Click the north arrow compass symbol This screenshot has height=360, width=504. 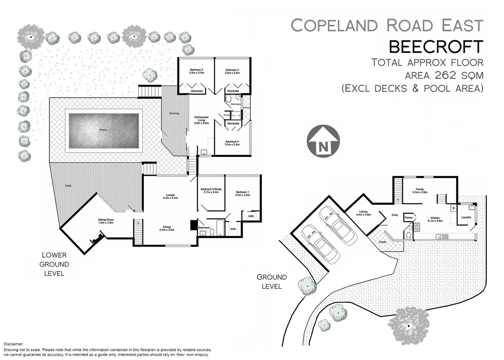323,141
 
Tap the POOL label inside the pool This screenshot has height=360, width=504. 104,130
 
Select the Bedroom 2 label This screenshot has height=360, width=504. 196,71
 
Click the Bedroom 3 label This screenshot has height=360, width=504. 232,71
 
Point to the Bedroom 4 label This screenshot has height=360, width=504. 232,143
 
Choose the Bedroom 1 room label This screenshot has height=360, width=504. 242,194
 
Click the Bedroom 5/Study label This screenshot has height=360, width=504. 211,191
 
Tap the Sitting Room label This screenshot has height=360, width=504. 106,221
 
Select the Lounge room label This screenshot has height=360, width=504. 171,197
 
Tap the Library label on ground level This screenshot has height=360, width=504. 363,213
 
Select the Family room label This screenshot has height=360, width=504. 420,191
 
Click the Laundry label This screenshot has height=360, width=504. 466,217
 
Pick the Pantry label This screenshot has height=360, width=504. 408,218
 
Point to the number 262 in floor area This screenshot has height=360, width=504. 445,75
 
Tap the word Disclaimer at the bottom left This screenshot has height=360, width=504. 13,344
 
